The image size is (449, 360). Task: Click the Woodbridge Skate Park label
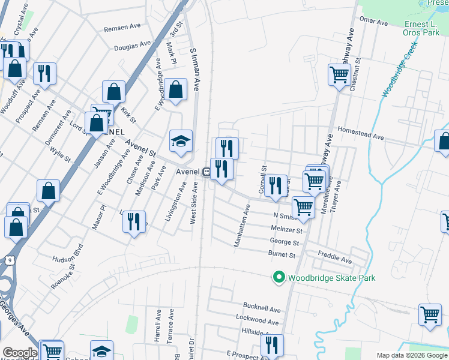[x=331, y=278]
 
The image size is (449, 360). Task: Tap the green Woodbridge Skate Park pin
[x=279, y=277]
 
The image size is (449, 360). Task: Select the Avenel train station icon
[x=206, y=172]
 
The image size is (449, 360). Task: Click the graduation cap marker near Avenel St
[x=181, y=142]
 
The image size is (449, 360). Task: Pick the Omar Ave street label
[x=373, y=22]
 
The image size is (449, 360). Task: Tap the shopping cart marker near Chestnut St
[x=339, y=75]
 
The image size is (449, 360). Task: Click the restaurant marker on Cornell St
[x=276, y=185]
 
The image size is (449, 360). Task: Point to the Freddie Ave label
[x=335, y=260]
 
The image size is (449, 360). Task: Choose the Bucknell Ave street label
[x=262, y=309]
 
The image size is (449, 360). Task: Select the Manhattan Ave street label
[x=242, y=225]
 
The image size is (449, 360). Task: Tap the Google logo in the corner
[x=19, y=353]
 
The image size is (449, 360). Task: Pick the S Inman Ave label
[x=194, y=70]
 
